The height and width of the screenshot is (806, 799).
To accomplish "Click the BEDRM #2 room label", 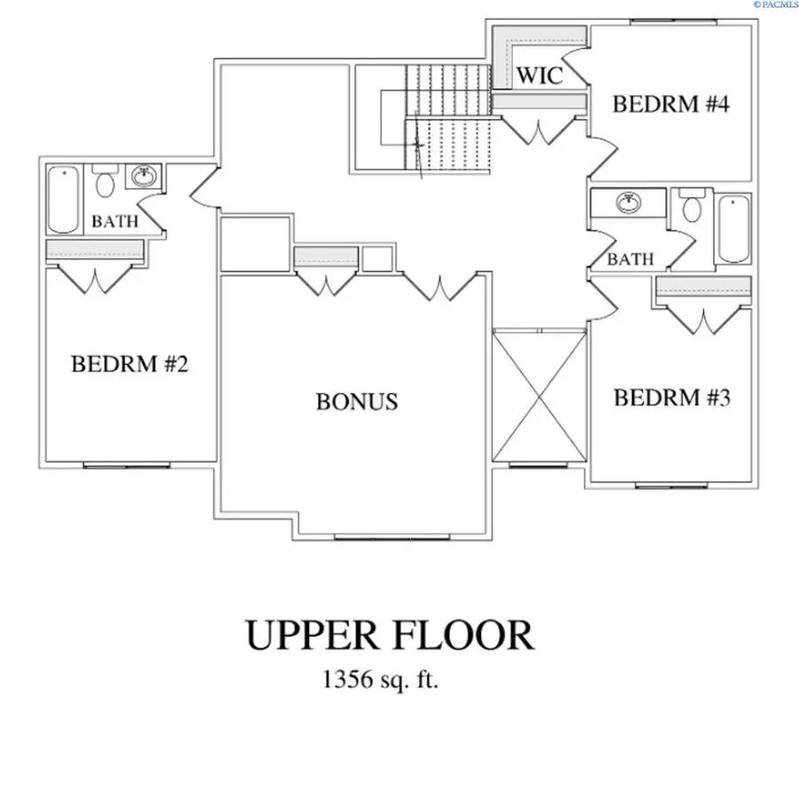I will pyautogui.click(x=130, y=364).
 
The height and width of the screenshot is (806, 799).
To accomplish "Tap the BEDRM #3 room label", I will pyautogui.click(x=671, y=397).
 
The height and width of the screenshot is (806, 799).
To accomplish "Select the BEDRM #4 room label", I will pyautogui.click(x=671, y=104).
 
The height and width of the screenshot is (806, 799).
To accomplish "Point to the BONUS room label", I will pyautogui.click(x=357, y=401).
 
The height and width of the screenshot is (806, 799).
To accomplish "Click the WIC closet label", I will pyautogui.click(x=540, y=75).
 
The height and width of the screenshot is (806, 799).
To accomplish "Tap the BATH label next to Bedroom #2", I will pyautogui.click(x=115, y=221).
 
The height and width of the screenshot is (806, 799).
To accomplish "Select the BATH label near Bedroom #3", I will pyautogui.click(x=630, y=259).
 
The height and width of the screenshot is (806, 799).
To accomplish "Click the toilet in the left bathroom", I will pyautogui.click(x=106, y=184).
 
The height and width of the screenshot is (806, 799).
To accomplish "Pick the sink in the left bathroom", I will pyautogui.click(x=142, y=178).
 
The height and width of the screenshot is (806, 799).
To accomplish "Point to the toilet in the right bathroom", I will pyautogui.click(x=690, y=208).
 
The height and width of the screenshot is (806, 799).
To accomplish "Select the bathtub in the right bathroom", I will pyautogui.click(x=733, y=228).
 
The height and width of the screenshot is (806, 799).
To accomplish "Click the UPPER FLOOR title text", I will pyautogui.click(x=389, y=636).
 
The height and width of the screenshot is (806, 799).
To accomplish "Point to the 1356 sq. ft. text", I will pyautogui.click(x=382, y=682).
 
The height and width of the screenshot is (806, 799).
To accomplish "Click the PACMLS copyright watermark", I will pyautogui.click(x=774, y=5).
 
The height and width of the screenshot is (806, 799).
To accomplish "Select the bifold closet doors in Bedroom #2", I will pyautogui.click(x=94, y=279).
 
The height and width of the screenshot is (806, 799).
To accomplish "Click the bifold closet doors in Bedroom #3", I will pyautogui.click(x=703, y=320).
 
